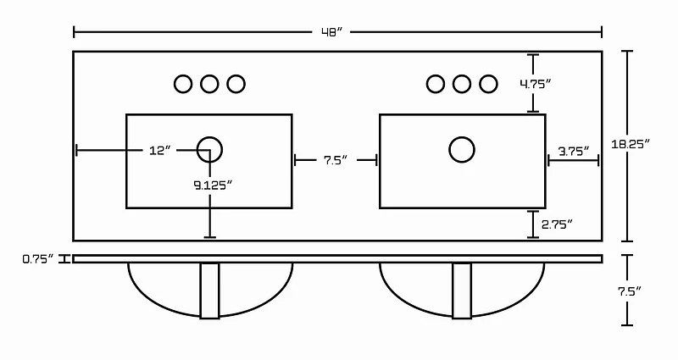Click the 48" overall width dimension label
[331, 32]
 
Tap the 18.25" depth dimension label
[631, 144]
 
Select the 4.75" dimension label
[536, 84]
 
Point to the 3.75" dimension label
[574, 152]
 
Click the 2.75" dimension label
[557, 224]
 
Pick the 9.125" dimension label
[213, 186]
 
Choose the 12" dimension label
[160, 151]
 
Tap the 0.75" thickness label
[38, 259]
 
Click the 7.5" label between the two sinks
[336, 160]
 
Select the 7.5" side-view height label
[629, 291]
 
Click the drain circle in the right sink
[462, 150]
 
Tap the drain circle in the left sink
[209, 150]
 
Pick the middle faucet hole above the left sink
[209, 84]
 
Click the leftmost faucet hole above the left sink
[183, 84]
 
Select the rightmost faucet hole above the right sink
[488, 84]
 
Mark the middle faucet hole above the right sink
[462, 84]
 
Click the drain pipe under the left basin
[209, 291]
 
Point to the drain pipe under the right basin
[462, 291]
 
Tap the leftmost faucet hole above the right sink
[436, 84]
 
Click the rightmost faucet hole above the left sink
[236, 84]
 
